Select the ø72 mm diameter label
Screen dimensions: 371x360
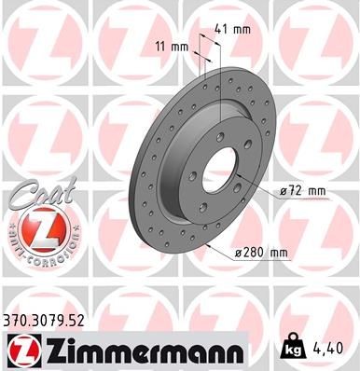pos(300,191)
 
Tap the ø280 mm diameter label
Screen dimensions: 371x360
pos(262,251)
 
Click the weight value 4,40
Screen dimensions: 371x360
pos(332,348)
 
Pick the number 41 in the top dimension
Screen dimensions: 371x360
pos(220,29)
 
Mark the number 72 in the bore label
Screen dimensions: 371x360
pos(296,191)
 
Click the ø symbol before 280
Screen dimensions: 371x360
pos(241,251)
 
